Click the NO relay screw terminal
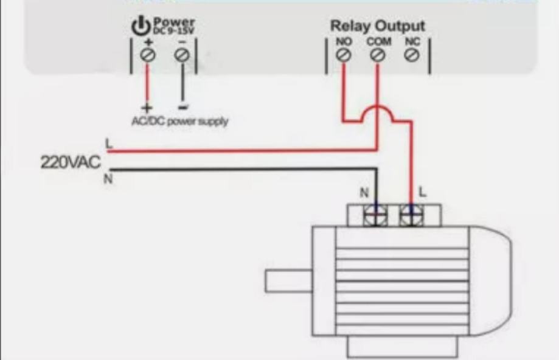(x=343, y=55)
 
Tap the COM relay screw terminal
(x=377, y=55)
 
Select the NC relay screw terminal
(x=411, y=55)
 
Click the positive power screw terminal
(x=147, y=55)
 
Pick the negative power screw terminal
(x=181, y=55)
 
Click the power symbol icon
(x=141, y=26)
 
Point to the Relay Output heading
(x=377, y=26)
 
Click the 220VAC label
(x=71, y=162)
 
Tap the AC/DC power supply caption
(x=179, y=121)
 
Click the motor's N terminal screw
(x=375, y=216)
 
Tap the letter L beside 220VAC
(x=109, y=144)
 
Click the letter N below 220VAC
(x=109, y=180)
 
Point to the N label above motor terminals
(x=364, y=193)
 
